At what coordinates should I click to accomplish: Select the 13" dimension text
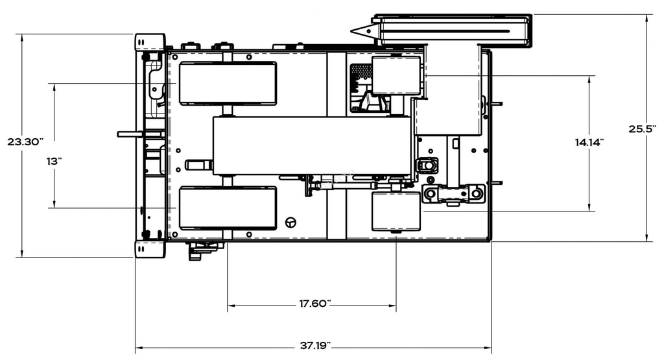coord(53,162)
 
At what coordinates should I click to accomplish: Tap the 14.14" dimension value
coord(589,141)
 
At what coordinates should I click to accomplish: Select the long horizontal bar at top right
coord(454,30)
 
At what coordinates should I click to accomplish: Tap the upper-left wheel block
coord(228,83)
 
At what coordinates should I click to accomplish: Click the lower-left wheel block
coord(228,208)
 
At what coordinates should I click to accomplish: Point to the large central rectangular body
coord(312,145)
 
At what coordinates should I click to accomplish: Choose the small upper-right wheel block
coord(396,75)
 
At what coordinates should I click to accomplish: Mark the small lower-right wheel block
coord(396,211)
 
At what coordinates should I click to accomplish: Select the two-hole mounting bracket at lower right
coord(454,193)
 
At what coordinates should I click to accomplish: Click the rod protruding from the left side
coord(130,134)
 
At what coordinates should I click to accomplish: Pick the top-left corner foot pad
coord(150,42)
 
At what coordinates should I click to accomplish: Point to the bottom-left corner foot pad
coord(150,248)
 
